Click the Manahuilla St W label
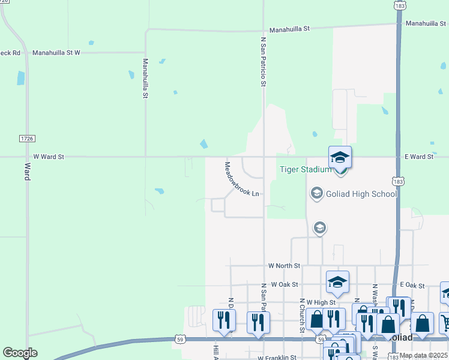(x=56, y=53)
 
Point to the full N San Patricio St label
(x=263, y=61)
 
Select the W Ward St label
(x=49, y=157)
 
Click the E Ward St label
(x=419, y=157)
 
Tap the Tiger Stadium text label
(x=306, y=169)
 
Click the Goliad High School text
(x=361, y=194)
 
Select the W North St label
(x=284, y=265)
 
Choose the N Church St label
(x=302, y=314)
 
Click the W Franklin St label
(x=277, y=358)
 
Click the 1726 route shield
(x=26, y=139)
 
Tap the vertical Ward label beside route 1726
(x=27, y=171)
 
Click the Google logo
(x=20, y=353)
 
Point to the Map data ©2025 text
(x=423, y=355)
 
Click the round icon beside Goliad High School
(x=316, y=193)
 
